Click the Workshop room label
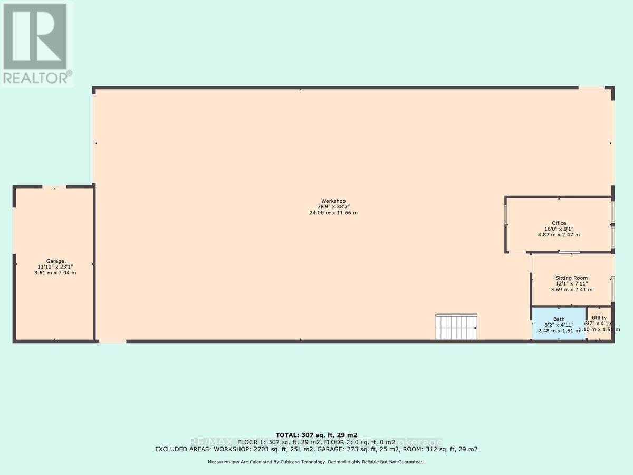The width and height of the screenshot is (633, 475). click(x=331, y=201)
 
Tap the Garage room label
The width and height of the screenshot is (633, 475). click(x=55, y=261)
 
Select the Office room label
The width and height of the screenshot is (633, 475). click(x=559, y=223)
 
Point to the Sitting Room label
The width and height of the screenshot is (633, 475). click(x=571, y=278)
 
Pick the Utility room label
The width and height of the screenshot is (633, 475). click(x=599, y=318)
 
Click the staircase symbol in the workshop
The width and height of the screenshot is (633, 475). click(x=456, y=327)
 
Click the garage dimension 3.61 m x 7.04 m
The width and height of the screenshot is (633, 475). click(x=55, y=273)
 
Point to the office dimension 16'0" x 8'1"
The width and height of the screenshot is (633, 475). click(x=559, y=229)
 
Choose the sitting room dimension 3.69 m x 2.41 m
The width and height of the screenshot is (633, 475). click(x=571, y=289)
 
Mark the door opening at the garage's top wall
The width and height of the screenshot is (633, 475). click(x=54, y=187)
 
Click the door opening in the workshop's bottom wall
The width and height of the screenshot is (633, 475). click(x=112, y=341)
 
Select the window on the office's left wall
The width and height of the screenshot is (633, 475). click(x=506, y=214)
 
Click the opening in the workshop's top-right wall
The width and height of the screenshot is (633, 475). click(x=591, y=88)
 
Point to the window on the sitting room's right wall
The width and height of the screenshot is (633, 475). click(x=612, y=288)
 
